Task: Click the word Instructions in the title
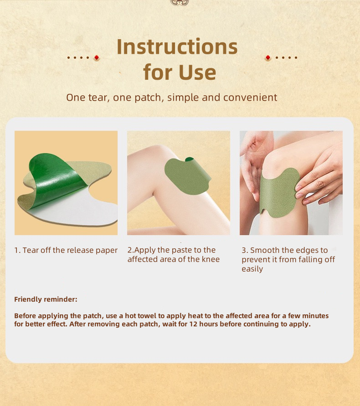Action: pos(177,47)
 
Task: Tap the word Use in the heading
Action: pos(197,72)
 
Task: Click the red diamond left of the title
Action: pos(96,58)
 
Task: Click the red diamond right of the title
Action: pos(267,58)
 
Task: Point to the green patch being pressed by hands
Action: pos(278,192)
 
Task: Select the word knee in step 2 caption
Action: pos(211,259)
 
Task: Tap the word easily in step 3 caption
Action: pos(252,269)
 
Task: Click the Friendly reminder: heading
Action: pos(46,299)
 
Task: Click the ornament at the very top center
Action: pos(180,2)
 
